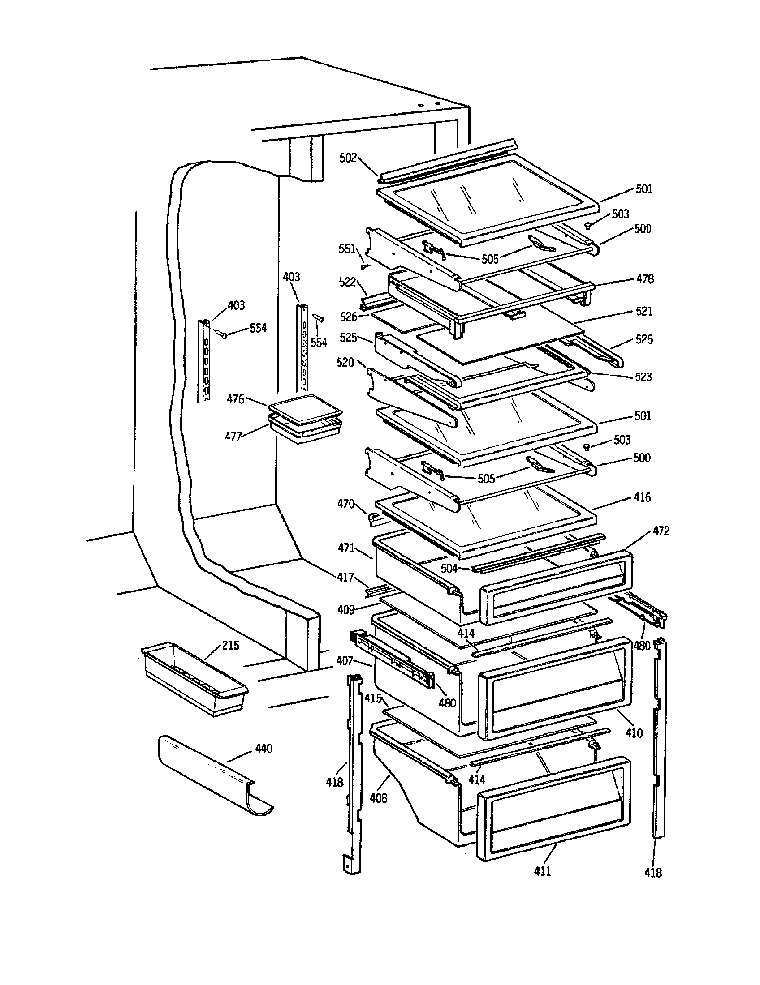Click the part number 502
(348, 158)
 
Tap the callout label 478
(645, 279)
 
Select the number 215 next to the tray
(230, 645)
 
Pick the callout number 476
(235, 398)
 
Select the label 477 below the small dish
(233, 437)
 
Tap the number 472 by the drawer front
(661, 531)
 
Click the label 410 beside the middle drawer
(634, 733)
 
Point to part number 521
(644, 311)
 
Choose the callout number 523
(643, 377)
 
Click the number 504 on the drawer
(449, 568)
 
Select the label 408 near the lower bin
(378, 798)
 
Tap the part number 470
(345, 504)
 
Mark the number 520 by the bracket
(345, 362)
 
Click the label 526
(349, 317)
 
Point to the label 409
(346, 610)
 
